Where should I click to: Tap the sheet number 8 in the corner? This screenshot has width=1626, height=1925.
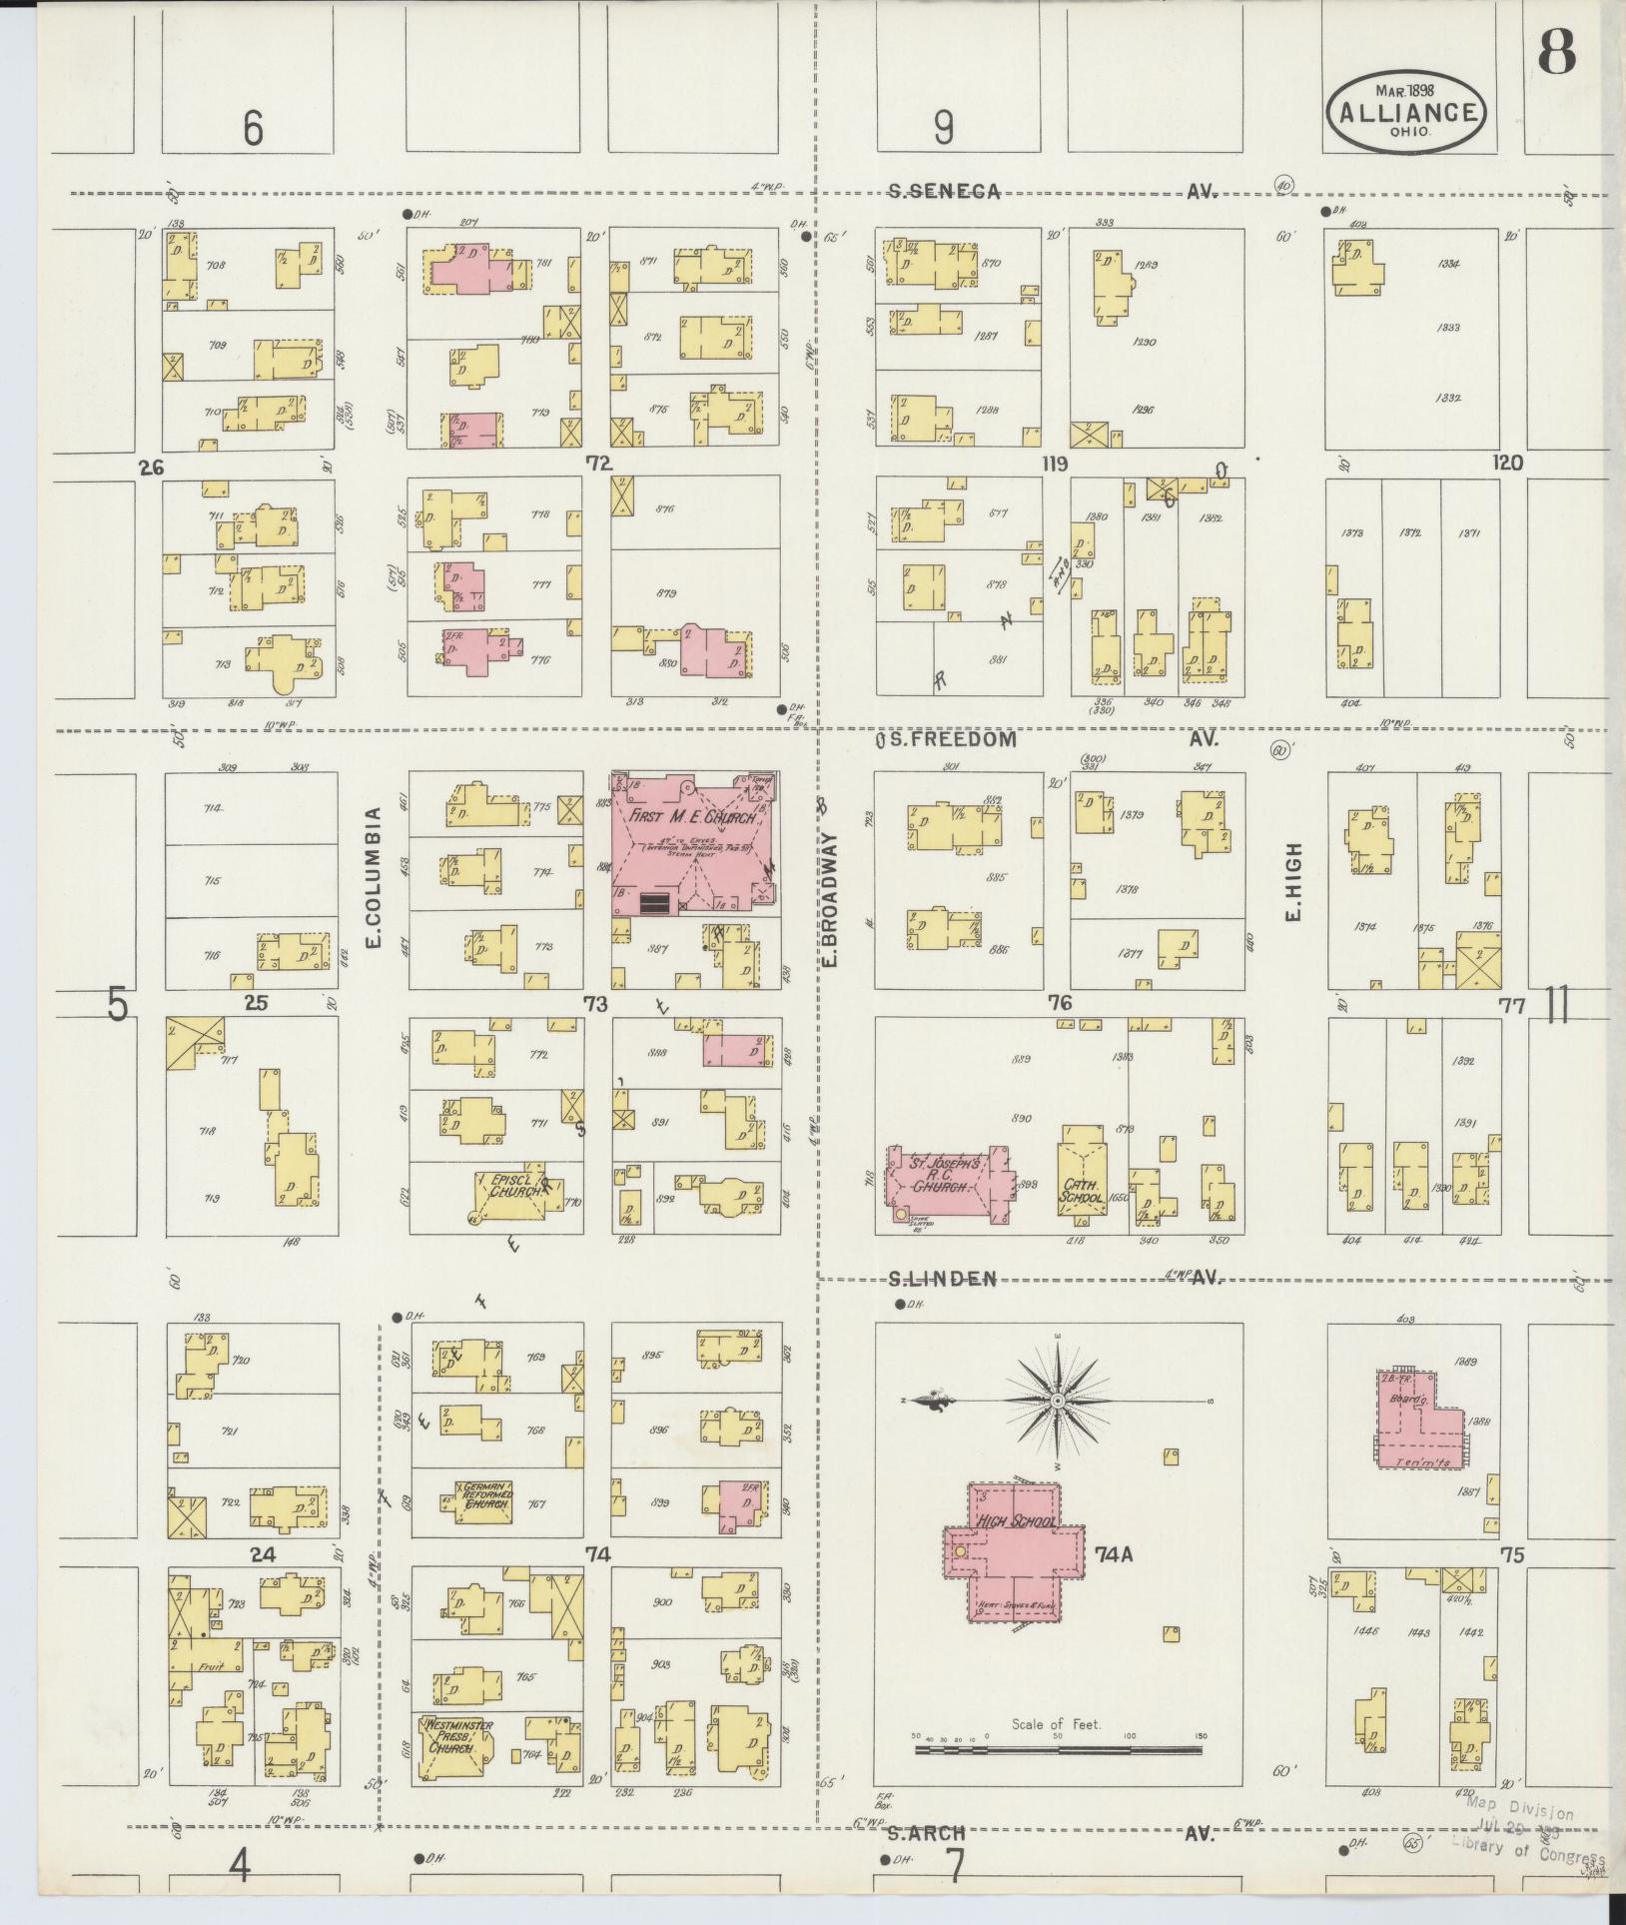point(1556,52)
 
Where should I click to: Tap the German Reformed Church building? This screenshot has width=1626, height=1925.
point(484,1527)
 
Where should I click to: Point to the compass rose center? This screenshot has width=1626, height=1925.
point(1057,1402)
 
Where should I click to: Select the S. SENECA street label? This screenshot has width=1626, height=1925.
point(944,192)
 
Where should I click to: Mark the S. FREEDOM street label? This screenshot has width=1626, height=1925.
point(945,740)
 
